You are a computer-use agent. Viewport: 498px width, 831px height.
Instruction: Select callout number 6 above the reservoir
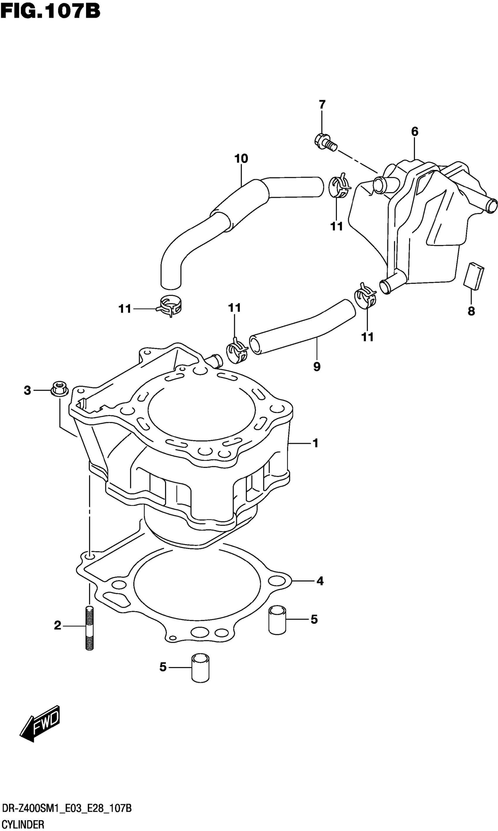coord(415,132)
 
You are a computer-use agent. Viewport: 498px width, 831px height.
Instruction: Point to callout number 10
coord(241,159)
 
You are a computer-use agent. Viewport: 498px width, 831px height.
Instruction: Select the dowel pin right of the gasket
coord(277,619)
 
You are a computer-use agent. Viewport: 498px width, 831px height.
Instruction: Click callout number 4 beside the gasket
coord(320,581)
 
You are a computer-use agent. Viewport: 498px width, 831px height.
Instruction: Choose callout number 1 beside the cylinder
coord(315,443)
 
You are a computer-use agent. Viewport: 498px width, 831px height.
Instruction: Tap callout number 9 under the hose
coord(317,367)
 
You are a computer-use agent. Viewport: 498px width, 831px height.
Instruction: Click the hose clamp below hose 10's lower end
coord(170,305)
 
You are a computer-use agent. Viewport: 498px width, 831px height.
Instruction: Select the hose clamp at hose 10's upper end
coord(339,186)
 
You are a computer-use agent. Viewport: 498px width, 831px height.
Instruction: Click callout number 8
coord(471,311)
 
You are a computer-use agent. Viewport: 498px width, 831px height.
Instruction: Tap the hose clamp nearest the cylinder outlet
coord(237,351)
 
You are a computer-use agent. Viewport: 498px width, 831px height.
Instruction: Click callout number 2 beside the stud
coord(58,626)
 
